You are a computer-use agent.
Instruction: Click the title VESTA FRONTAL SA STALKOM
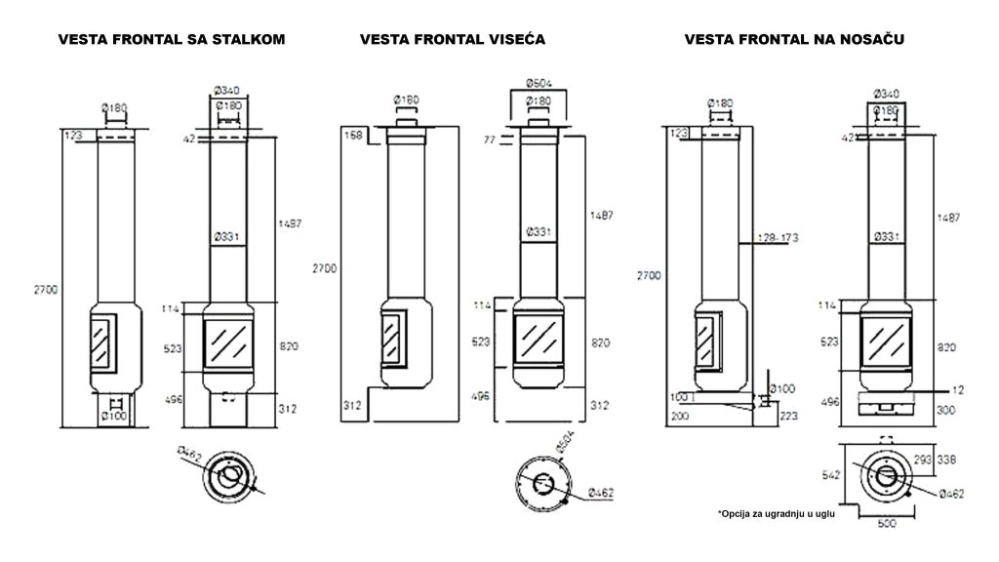pos(172,39)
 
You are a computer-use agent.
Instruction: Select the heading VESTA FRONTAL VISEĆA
pos(452,39)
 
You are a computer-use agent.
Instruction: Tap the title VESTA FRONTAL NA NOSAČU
pos(794,39)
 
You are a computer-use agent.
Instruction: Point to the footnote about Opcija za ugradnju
pos(778,513)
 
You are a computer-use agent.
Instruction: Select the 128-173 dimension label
pos(778,237)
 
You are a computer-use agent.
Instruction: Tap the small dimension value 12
pos(958,389)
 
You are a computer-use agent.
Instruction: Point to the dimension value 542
pos(829,476)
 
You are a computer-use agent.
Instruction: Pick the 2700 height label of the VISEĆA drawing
pos(324,267)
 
